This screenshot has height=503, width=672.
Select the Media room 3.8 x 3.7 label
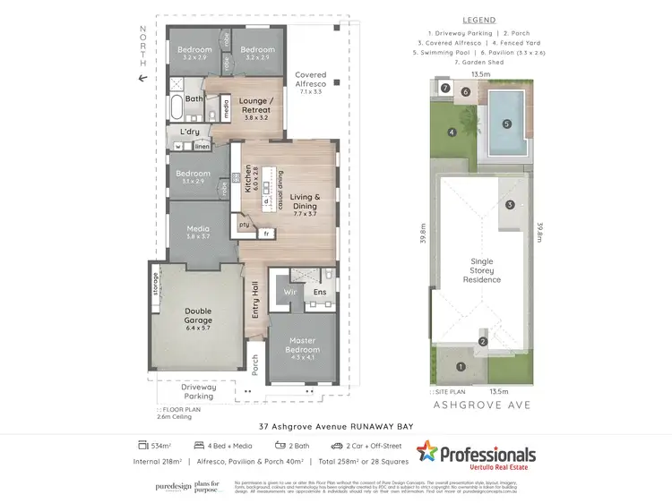pyautogui.click(x=198, y=233)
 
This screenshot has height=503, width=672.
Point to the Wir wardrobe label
pyautogui.click(x=289, y=292)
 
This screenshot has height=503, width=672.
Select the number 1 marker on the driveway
pyautogui.click(x=461, y=365)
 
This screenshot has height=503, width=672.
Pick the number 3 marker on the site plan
pyautogui.click(x=510, y=205)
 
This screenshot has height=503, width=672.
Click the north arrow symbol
pyautogui.click(x=142, y=79)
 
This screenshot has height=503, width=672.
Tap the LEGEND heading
pyautogui.click(x=480, y=20)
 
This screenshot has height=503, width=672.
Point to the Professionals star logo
pyautogui.click(x=427, y=452)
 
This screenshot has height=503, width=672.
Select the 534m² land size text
pyautogui.click(x=161, y=445)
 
